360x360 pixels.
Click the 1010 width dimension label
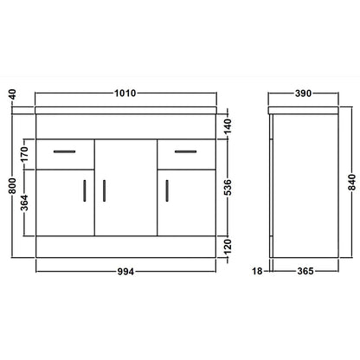pos(125,93)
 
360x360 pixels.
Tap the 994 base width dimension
pos(125,272)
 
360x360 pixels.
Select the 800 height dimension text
pos(12,185)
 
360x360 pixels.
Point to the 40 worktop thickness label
pos(12,94)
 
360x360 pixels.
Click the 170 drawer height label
pos(25,154)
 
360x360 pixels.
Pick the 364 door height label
pos(25,202)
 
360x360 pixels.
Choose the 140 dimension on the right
pos(228,126)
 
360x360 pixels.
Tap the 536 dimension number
pos(228,187)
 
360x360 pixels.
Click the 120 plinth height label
pos(228,247)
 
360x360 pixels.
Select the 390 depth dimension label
pos(303,93)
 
